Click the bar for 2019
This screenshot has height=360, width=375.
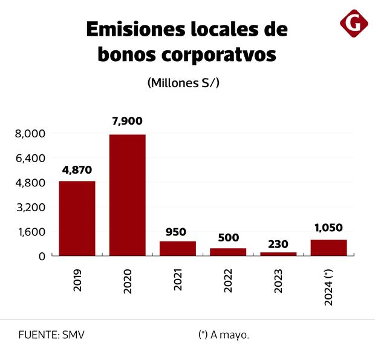77,218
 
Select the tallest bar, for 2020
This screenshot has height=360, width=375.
127,195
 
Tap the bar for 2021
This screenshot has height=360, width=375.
178,249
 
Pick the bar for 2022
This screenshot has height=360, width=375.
228,252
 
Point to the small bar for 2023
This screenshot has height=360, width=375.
278,254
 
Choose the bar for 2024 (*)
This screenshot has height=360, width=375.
328,248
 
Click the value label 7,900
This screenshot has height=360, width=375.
127,121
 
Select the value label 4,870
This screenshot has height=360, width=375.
77,170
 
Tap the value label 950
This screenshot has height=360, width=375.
177,231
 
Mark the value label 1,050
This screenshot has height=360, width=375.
328,227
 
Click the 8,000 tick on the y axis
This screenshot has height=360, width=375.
30,134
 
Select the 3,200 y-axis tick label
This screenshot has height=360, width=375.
30,207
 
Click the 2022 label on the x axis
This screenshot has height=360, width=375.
229,280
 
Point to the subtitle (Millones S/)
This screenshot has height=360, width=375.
183,83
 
